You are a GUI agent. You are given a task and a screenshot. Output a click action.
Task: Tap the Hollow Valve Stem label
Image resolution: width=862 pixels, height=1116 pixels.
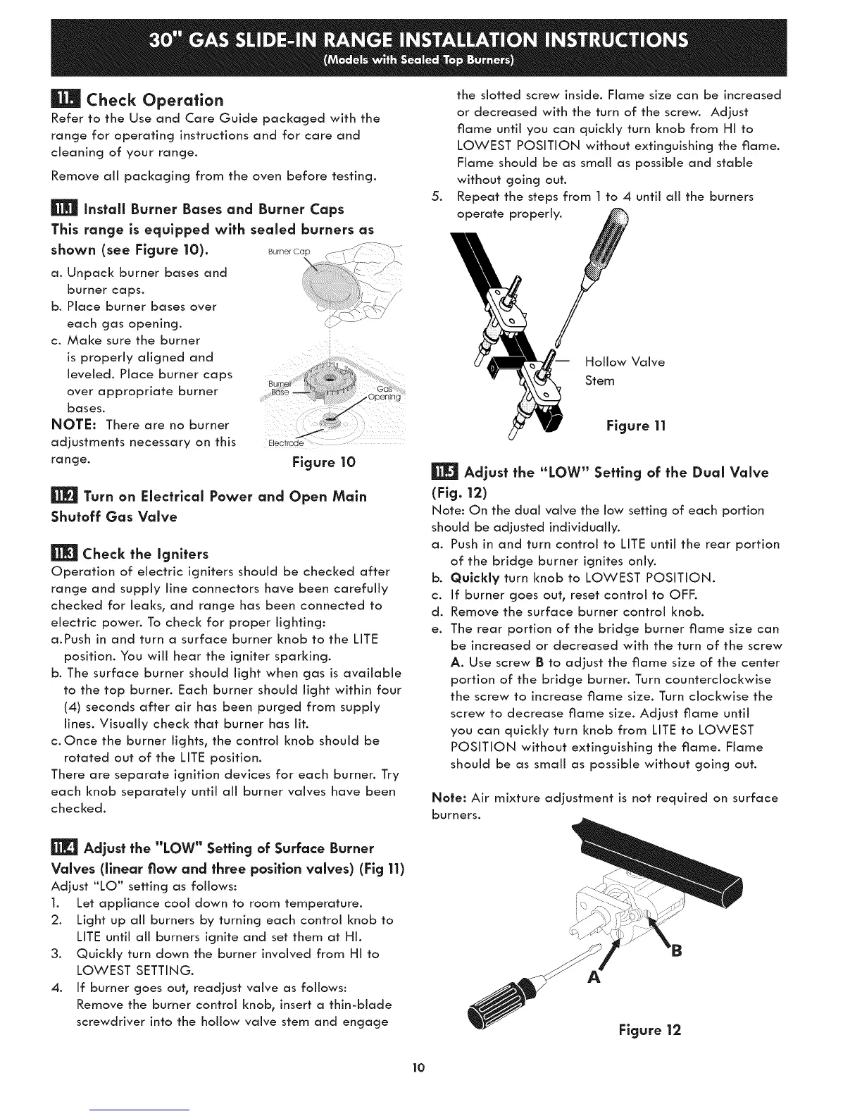(624, 371)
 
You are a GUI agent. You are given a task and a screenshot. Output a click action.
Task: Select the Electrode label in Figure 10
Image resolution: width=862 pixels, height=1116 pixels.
(285, 444)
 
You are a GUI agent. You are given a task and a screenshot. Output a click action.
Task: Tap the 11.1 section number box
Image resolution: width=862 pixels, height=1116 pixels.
(64, 210)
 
